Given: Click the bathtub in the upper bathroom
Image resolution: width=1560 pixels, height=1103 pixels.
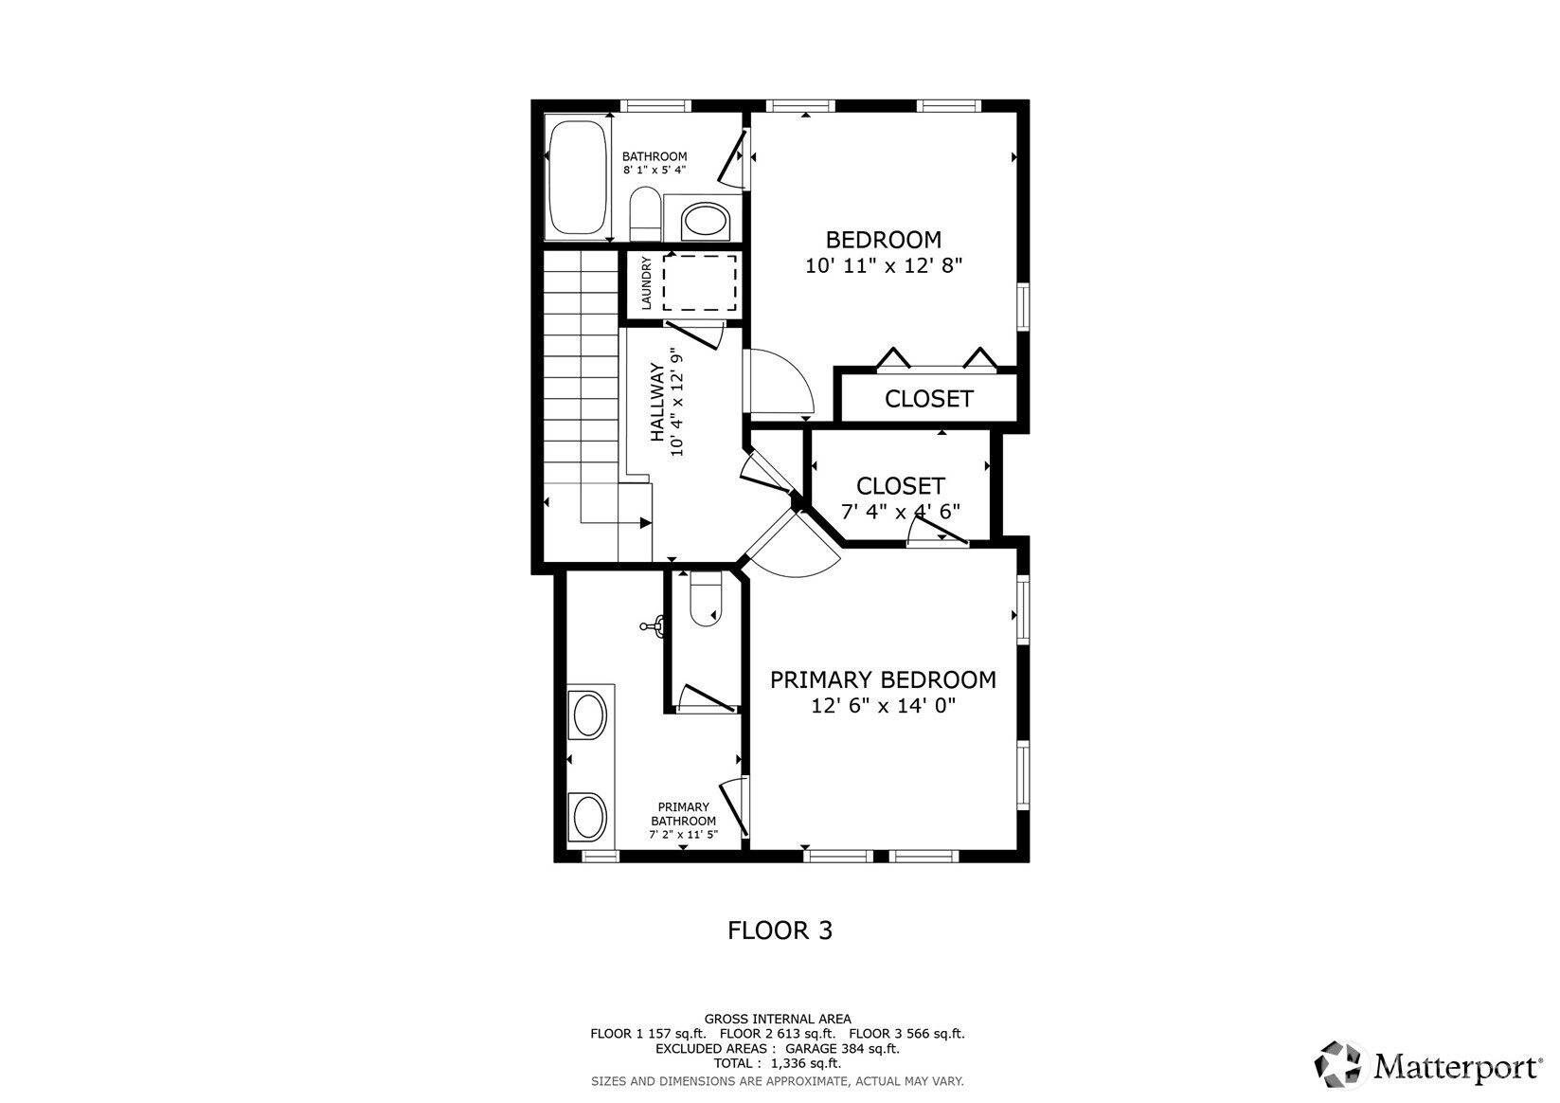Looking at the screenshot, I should (x=577, y=177).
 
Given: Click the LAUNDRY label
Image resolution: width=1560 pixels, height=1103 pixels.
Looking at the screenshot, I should (x=647, y=283).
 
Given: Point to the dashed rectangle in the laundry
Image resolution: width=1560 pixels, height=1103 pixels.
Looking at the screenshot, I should (x=699, y=282).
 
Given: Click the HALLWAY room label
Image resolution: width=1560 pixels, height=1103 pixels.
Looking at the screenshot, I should (x=657, y=403).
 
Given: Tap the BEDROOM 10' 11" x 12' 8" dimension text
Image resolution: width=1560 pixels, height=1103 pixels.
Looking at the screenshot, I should (x=883, y=266).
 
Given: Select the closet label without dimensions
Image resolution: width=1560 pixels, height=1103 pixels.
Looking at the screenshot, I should (x=928, y=399).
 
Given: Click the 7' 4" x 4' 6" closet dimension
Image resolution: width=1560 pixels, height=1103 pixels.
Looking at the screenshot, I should (x=900, y=512).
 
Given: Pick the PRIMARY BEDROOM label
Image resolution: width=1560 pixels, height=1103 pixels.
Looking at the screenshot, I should (x=882, y=679).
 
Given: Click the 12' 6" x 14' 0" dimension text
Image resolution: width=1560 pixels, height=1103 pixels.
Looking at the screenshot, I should (x=883, y=706).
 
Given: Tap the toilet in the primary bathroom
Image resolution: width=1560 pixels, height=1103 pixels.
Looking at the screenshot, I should (x=705, y=602).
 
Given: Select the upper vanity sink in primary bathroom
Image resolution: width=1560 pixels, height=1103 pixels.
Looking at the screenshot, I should (x=588, y=714).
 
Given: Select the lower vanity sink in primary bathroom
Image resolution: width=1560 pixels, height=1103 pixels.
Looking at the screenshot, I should (x=588, y=817).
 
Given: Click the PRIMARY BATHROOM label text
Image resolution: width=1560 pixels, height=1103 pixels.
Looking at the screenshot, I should (x=683, y=814).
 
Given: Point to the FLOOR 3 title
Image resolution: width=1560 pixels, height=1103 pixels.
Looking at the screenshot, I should (x=780, y=931).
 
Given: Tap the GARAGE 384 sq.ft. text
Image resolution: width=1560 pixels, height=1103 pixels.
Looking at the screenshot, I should (x=841, y=1049).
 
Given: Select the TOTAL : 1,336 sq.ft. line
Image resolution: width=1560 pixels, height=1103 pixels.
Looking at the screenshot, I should (x=777, y=1064).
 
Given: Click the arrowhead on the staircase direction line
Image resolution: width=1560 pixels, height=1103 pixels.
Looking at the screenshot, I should (x=646, y=522).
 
